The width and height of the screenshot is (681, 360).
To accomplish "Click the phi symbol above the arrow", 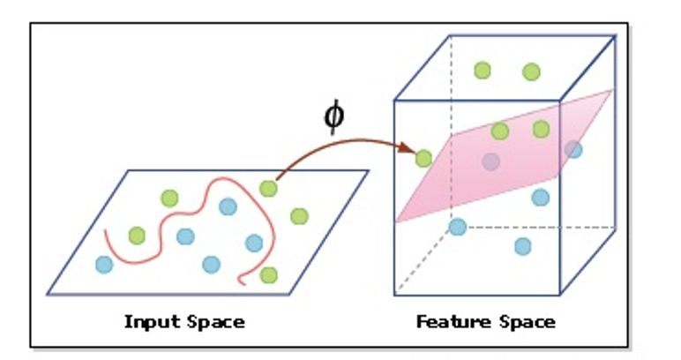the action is click(334, 117).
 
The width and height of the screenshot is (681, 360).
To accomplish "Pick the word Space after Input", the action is click(216, 322).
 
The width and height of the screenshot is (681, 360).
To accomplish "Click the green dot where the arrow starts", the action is click(268, 189).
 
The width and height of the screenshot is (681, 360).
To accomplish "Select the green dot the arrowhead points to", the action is click(424, 159).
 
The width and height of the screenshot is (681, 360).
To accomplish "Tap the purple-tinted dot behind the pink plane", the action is click(491, 161).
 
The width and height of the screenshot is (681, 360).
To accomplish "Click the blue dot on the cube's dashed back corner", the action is click(457, 227).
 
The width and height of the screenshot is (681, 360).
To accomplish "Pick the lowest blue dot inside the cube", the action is click(523, 246).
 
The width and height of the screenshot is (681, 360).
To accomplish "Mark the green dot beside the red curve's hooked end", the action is click(269, 275).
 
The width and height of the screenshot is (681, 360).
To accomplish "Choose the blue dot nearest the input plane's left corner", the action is click(104, 264).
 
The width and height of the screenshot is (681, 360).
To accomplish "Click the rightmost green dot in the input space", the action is click(299, 216).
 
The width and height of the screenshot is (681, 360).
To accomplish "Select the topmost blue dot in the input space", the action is click(228, 206).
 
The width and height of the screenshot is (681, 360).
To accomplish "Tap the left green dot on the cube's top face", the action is click(483, 71).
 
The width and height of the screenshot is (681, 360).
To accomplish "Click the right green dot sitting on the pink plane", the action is click(541, 129).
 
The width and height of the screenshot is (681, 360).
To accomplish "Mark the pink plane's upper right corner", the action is click(612, 89).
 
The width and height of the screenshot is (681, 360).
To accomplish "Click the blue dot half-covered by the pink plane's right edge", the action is click(573, 149).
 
